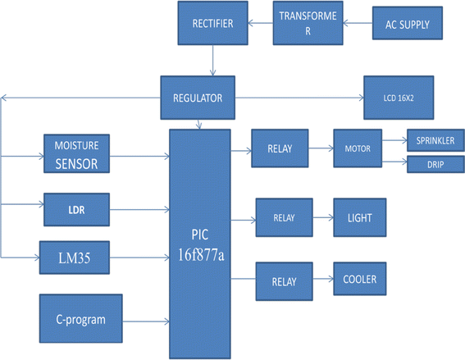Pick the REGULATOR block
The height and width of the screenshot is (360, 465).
point(197,98)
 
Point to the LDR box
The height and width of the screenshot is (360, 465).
point(75,209)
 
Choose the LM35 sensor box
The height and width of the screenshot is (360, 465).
point(75,258)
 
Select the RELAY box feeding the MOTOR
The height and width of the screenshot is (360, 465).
point(280,150)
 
